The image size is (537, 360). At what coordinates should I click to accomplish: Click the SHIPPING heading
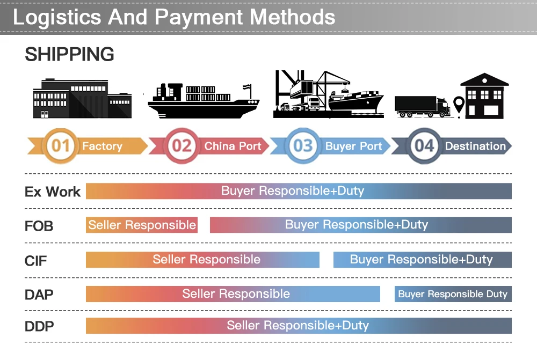(69, 54)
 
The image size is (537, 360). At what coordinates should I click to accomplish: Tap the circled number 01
(61, 146)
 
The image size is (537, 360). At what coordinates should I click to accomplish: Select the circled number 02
(182, 146)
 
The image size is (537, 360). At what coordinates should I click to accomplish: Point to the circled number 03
(303, 146)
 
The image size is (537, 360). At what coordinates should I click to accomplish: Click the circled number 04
(424, 146)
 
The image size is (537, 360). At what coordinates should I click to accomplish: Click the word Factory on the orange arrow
(102, 146)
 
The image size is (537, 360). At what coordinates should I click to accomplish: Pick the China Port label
(233, 146)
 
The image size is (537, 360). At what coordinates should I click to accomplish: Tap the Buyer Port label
(353, 146)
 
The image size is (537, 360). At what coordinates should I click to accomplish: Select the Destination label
(475, 146)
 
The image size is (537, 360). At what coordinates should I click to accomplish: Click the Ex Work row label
(53, 192)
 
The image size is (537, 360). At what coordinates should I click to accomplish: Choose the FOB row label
(39, 226)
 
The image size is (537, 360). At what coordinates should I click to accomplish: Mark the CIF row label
(36, 261)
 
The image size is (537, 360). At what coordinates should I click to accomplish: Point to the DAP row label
(39, 295)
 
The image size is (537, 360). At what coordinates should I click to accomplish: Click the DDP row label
(39, 326)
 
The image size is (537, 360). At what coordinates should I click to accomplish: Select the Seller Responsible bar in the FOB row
(142, 225)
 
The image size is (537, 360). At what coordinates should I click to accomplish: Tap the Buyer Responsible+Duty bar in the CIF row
(422, 260)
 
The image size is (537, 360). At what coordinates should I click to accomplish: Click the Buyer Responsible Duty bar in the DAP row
(453, 294)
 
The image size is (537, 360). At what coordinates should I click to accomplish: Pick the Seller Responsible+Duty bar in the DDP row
(299, 326)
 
